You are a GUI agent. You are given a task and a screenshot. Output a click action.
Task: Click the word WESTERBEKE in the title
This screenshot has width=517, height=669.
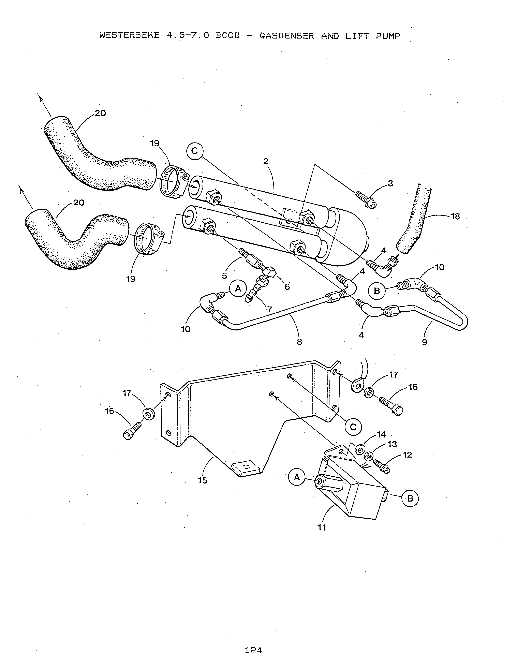(130, 36)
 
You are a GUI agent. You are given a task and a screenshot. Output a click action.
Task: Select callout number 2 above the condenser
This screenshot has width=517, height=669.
(266, 161)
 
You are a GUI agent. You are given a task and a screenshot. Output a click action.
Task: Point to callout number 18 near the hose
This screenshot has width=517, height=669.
(455, 216)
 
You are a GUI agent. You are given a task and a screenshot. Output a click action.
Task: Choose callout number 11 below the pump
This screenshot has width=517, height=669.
(322, 527)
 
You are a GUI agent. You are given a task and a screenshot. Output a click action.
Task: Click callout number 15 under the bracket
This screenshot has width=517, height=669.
(203, 480)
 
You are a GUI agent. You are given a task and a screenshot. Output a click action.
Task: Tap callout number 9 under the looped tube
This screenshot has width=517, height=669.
(424, 342)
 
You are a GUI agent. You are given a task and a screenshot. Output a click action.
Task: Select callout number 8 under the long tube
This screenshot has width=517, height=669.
(299, 342)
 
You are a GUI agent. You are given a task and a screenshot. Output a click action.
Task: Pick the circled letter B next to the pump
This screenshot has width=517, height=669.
(410, 499)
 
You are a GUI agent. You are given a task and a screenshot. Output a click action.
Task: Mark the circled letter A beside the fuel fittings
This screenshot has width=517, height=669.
(238, 288)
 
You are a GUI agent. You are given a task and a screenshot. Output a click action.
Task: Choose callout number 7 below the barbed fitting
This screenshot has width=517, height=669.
(269, 309)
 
